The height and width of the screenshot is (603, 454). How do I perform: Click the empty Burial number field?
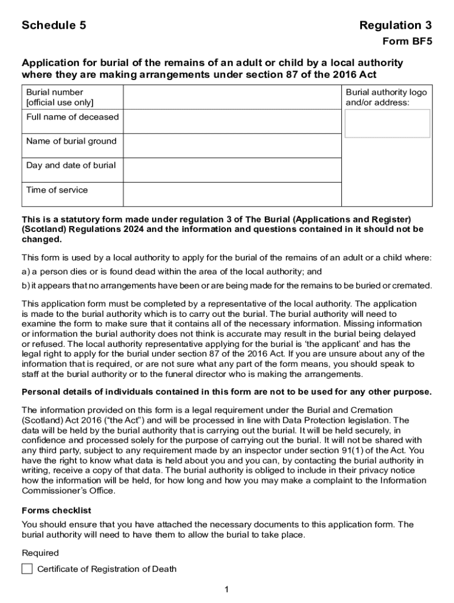(232, 97)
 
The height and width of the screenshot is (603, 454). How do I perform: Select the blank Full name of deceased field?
(232, 122)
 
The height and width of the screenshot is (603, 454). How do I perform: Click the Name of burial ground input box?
(232, 146)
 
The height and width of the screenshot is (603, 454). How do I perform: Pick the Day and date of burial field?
(232, 170)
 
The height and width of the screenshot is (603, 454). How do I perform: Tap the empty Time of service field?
(232, 194)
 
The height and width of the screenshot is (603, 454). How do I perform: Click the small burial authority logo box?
(387, 124)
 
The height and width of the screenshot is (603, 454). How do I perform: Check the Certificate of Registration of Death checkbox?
(27, 569)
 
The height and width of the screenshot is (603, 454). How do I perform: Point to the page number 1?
(226, 589)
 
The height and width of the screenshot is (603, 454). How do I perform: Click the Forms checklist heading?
(57, 511)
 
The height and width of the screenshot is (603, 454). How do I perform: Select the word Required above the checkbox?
(40, 553)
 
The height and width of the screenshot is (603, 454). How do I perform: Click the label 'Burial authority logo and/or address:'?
(386, 97)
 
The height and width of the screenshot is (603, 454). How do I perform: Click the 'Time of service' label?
(57, 190)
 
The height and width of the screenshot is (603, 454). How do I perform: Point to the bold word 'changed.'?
(41, 240)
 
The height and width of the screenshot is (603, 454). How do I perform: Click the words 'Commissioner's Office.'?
(68, 491)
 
